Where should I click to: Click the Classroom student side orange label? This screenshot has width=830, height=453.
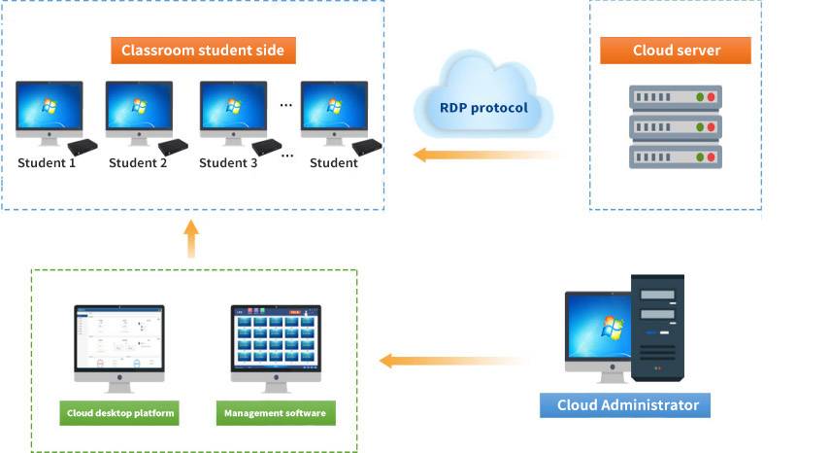point(202,51)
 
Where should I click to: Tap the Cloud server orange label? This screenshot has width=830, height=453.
point(676,51)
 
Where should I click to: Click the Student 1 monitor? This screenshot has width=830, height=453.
point(49,109)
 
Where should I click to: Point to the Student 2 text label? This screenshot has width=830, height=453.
point(138,162)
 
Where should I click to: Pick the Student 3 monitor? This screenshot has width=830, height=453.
point(233,109)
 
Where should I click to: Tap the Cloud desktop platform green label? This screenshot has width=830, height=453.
point(120,413)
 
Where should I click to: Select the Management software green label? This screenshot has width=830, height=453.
point(276,413)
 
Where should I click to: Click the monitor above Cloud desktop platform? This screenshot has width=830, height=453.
point(119,341)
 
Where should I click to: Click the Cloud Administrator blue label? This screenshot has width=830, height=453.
point(627,405)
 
